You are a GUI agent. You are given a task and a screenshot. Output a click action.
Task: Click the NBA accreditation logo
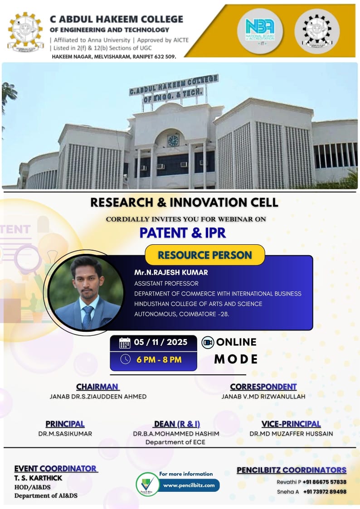(260, 30)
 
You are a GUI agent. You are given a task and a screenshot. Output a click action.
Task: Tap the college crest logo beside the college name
(25, 31)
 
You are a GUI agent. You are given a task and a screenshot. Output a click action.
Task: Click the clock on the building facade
(173, 140)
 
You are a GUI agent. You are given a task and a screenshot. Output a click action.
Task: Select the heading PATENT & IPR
(182, 233)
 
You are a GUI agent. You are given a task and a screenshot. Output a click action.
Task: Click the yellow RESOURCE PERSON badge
(204, 255)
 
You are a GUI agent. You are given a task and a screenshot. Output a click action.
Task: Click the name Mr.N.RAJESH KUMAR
(165, 273)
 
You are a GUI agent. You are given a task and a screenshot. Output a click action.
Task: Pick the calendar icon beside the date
(125, 343)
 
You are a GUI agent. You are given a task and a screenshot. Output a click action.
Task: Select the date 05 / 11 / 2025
(161, 342)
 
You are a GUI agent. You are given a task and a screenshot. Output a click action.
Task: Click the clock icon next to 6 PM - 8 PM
(125, 359)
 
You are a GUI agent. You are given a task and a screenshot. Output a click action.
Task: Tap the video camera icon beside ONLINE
(208, 342)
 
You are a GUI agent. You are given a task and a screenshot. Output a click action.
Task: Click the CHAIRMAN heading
(97, 387)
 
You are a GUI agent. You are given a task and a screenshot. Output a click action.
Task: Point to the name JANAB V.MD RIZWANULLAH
(263, 396)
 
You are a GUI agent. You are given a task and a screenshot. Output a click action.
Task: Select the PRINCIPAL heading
(65, 424)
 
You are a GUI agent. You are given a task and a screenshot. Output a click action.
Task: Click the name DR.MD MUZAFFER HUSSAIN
(291, 433)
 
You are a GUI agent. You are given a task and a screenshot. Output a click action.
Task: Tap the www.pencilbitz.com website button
(189, 485)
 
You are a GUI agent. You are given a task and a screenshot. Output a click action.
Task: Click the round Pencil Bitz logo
(147, 484)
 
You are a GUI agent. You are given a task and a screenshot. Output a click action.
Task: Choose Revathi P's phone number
(324, 482)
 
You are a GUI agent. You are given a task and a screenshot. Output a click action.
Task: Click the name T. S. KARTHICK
(38, 478)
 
